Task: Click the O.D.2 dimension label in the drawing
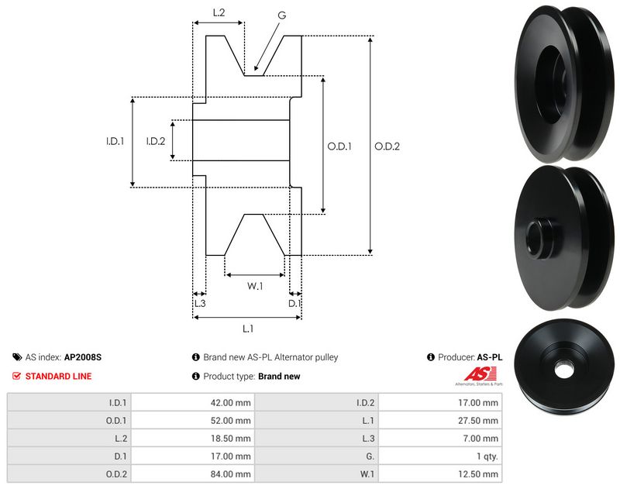tap(387, 146)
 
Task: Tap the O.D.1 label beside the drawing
tap(339, 146)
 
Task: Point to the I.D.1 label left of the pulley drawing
tap(115, 141)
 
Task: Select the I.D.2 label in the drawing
tap(156, 141)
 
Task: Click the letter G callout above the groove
tap(281, 15)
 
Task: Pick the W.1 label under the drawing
tap(255, 286)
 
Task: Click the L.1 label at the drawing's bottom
tap(247, 329)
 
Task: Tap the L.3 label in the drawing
tap(200, 303)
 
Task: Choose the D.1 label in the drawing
tap(294, 303)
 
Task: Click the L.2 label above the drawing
tap(219, 12)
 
